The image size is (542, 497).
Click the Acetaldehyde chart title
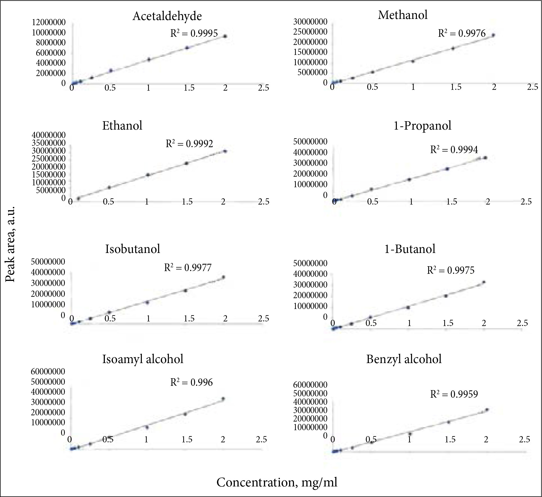click(x=167, y=16)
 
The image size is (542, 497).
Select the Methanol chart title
click(x=403, y=15)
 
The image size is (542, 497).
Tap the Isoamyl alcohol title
click(x=143, y=359)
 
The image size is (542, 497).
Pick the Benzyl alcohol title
click(x=404, y=359)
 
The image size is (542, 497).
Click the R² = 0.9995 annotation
click(x=194, y=33)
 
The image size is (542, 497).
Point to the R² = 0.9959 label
click(x=454, y=394)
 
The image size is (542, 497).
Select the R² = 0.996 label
click(x=191, y=382)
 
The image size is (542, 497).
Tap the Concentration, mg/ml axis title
click(x=277, y=482)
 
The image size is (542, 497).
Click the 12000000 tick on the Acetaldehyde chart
click(x=49, y=22)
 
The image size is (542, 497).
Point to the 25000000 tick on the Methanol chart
click(x=310, y=32)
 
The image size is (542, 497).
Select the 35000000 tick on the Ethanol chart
click(x=49, y=143)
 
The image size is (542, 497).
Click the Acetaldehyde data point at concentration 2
click(x=225, y=36)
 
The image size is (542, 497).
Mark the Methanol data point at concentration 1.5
click(x=453, y=48)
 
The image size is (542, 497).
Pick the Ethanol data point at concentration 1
click(x=148, y=175)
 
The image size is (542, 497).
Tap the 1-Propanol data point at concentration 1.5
click(x=447, y=169)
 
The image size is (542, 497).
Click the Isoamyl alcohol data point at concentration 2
click(x=223, y=399)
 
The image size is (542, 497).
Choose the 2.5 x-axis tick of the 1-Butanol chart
click(x=522, y=323)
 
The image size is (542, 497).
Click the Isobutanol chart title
click(x=133, y=249)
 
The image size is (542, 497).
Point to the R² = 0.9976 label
click(x=462, y=33)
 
